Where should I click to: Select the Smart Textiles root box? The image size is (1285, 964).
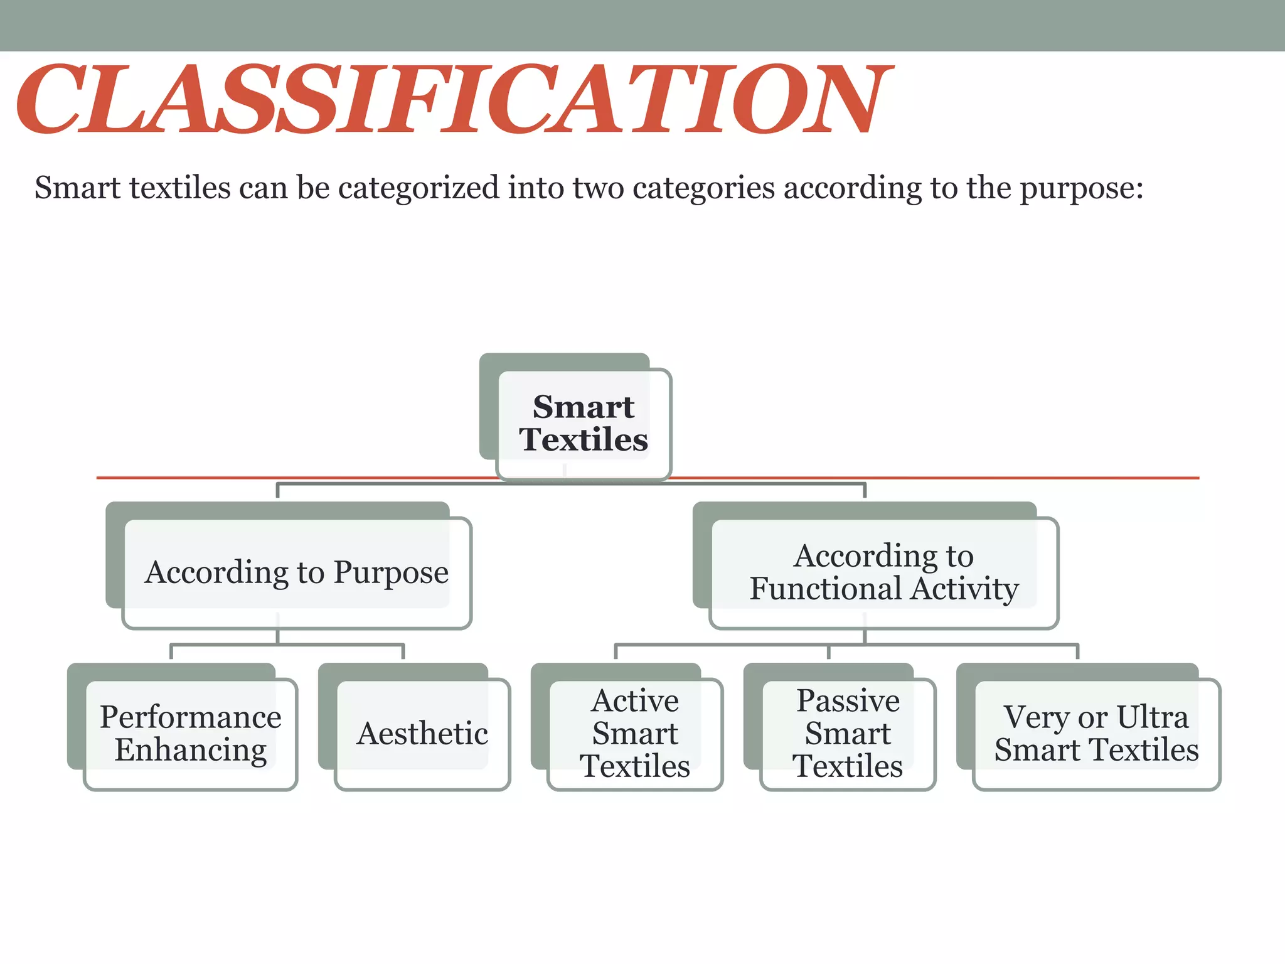point(584,424)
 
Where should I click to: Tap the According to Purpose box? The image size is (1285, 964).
point(297,572)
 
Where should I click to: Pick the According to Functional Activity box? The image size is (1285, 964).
point(883,572)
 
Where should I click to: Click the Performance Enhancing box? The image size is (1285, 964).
point(190,733)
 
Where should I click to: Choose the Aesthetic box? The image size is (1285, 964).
point(422,733)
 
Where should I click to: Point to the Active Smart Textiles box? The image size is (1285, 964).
point(635,733)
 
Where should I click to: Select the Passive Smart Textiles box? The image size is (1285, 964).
point(848,733)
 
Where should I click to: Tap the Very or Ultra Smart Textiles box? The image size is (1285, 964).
point(1096,733)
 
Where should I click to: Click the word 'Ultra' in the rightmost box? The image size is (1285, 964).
point(1153,717)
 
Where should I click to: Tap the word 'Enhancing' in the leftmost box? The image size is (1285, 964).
point(191,751)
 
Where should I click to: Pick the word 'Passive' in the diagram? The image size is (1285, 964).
point(848,700)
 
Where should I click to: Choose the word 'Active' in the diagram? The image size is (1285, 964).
point(635,700)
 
